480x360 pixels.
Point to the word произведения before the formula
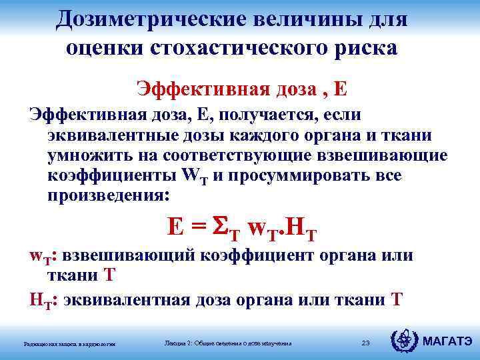pos(108,197)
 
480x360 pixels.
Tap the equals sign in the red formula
pos(198,229)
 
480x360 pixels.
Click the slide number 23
pos(365,343)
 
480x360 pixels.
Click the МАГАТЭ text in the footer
pos(448,343)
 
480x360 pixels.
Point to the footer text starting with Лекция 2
pos(227,343)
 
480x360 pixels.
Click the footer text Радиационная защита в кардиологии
pos(69,343)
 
